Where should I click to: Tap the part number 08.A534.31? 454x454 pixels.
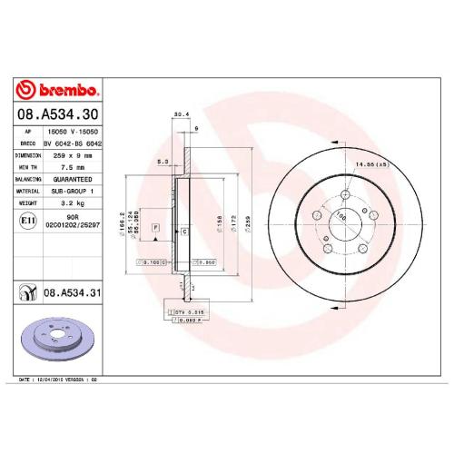(x=72, y=292)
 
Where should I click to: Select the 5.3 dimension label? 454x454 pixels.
(x=163, y=162)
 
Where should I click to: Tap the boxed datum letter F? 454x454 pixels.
(x=155, y=225)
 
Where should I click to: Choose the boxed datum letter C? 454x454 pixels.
(x=184, y=233)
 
